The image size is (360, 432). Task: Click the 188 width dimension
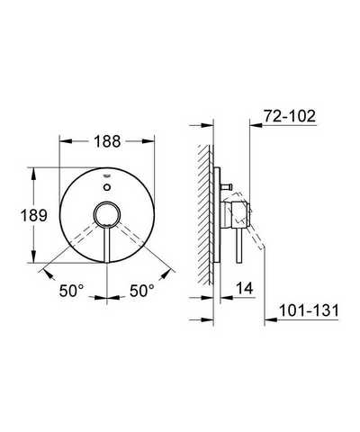(x=107, y=141)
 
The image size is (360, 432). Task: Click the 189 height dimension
(x=33, y=215)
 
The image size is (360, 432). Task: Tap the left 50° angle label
(x=72, y=290)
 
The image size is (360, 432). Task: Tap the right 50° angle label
(x=142, y=290)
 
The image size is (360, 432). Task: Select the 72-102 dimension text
(x=290, y=116)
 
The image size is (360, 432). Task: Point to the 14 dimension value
(x=245, y=288)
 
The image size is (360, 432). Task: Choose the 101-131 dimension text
(x=309, y=310)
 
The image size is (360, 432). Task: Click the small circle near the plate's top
(x=107, y=187)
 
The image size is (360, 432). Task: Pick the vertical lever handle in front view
(x=107, y=244)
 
